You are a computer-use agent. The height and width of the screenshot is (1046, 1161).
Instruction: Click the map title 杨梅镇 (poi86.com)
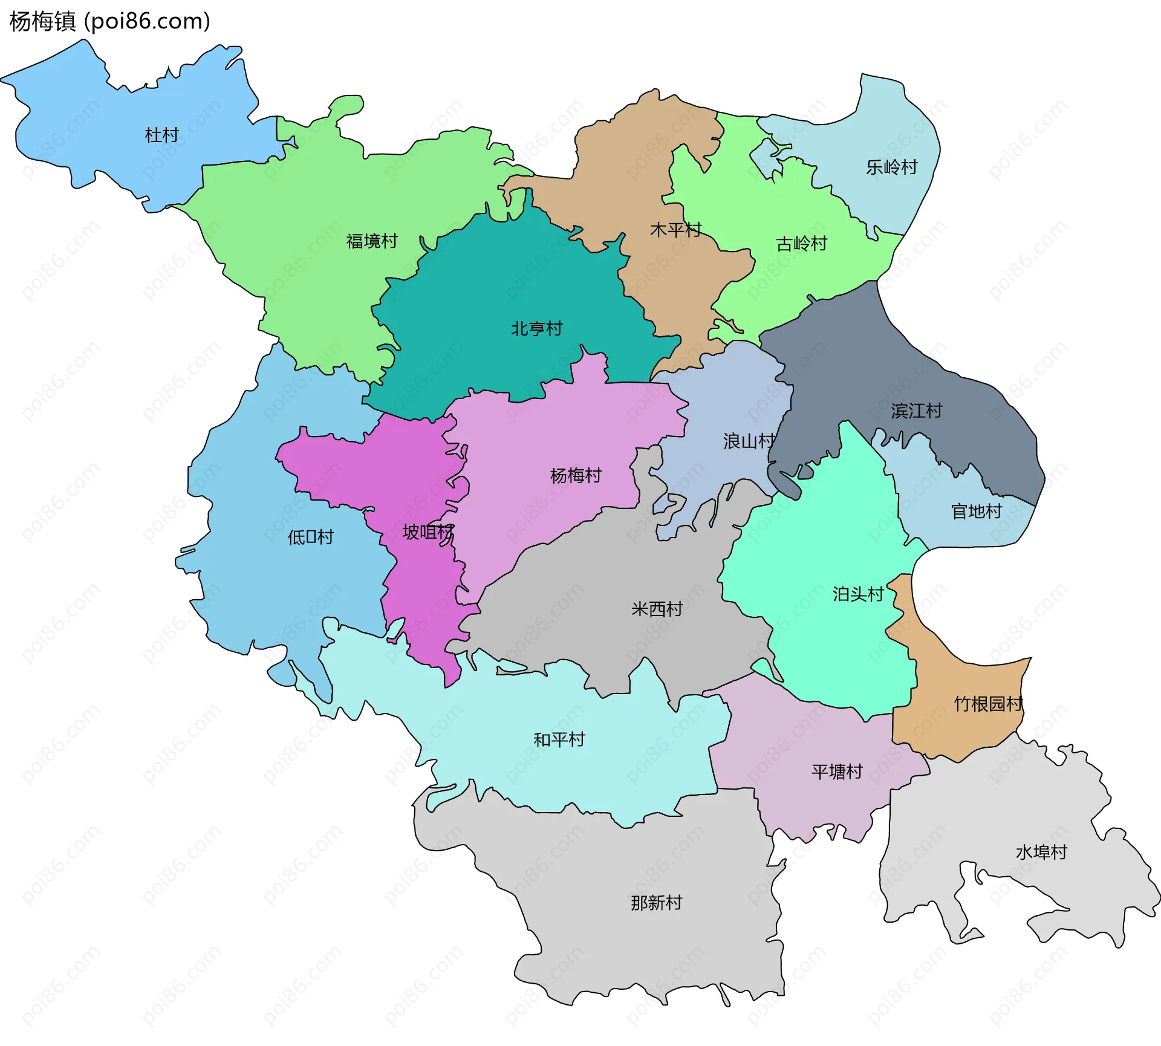109,22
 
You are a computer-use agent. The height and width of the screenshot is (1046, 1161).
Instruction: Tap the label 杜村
162,135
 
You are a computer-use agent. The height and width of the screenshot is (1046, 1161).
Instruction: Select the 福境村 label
372,241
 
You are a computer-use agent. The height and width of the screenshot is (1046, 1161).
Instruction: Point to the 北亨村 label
537,329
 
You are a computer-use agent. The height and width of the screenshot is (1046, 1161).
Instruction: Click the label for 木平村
675,230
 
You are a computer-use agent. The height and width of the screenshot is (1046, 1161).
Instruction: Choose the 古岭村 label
802,244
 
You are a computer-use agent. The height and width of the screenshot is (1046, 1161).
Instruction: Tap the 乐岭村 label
892,167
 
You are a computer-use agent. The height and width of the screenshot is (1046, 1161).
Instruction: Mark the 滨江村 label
917,411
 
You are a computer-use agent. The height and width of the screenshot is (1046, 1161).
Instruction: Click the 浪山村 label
749,441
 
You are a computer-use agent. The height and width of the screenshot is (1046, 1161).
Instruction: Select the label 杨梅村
576,476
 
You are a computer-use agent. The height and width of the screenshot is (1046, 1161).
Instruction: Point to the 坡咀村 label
428,532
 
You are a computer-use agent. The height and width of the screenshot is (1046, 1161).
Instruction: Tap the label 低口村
311,537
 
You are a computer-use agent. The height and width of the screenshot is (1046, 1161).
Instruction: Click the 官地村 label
977,512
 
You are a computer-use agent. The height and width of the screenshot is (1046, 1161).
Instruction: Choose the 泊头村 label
859,594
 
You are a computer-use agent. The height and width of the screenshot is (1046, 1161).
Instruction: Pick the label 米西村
657,609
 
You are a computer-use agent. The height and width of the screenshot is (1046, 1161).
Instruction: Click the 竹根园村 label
988,704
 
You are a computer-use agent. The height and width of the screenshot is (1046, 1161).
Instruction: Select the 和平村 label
559,739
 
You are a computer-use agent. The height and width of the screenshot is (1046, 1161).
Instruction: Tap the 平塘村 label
837,772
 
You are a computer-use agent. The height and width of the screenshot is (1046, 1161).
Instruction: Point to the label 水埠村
1042,853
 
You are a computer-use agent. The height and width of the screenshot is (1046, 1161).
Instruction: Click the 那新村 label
657,903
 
